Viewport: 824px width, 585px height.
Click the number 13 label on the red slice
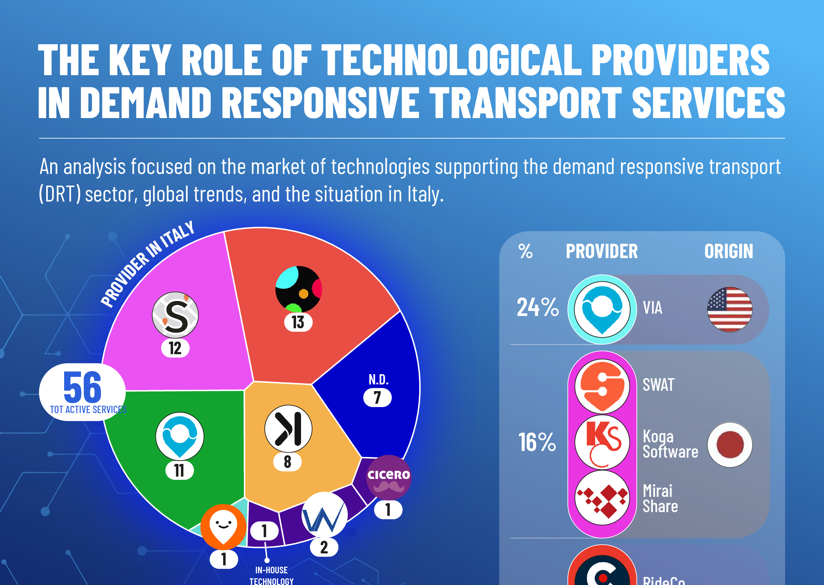point(298,322)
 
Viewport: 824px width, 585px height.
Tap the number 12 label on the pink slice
point(175,348)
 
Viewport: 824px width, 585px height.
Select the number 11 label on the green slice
point(179,470)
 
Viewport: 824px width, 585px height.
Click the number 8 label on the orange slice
point(287,461)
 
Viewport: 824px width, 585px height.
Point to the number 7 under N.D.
point(377,397)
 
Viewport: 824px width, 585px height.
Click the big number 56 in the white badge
point(82,387)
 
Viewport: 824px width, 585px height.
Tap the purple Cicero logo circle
point(389,477)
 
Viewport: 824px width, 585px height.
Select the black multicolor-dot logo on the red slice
point(298,289)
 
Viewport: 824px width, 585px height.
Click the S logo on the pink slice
point(175,315)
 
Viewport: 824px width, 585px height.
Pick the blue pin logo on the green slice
point(179,436)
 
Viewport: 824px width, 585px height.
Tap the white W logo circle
point(325,515)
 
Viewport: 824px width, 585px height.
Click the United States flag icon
point(729,309)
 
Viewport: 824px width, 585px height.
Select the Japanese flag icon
point(729,445)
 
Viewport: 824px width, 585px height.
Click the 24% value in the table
point(538,307)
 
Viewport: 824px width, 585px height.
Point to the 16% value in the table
point(537,442)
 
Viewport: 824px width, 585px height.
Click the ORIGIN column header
point(728,251)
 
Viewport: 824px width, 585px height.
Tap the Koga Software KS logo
point(602,442)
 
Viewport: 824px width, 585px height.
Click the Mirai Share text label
point(660,499)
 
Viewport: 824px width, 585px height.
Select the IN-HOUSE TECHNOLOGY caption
point(271,575)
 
